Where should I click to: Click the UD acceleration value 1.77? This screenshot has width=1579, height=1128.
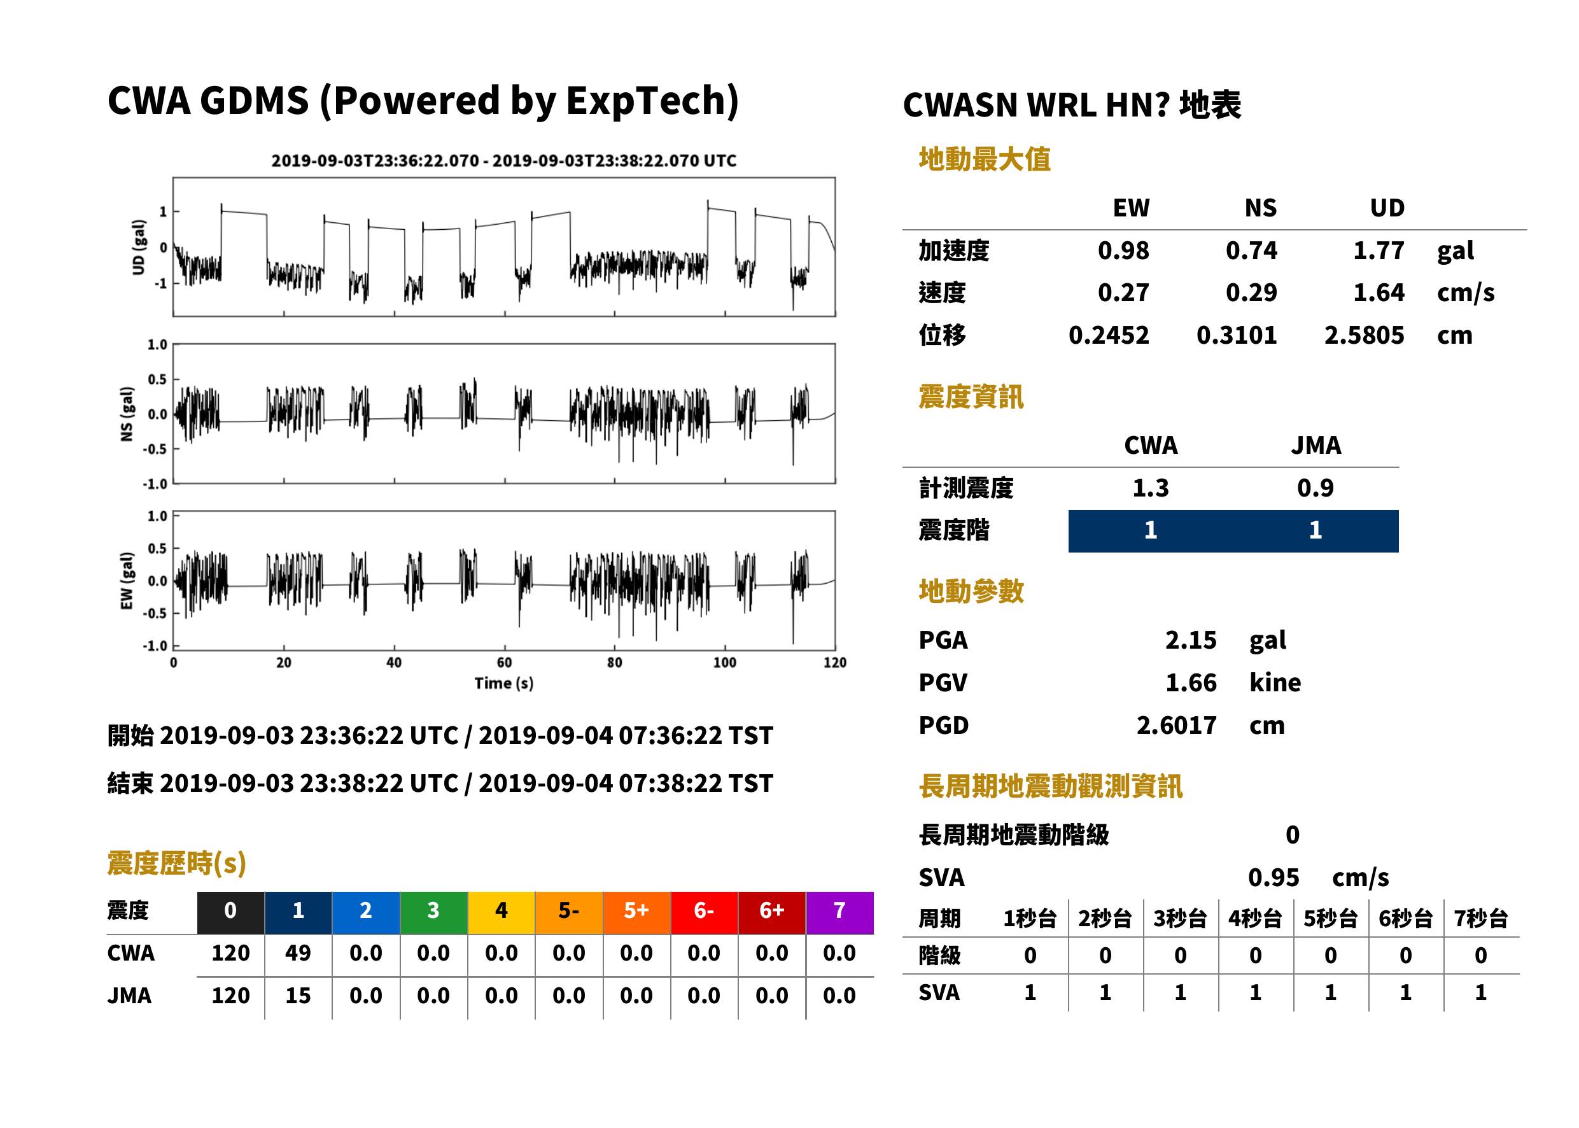click(1379, 251)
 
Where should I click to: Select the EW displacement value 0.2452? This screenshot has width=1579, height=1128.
click(1109, 335)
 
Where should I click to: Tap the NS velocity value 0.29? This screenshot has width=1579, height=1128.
click(1251, 293)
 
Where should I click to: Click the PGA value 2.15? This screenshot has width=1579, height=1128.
click(1191, 640)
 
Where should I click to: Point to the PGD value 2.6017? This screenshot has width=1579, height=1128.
click(1177, 726)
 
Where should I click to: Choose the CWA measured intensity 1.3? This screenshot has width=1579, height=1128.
click(1151, 488)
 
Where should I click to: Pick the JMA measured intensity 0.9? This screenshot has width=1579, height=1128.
click(1315, 488)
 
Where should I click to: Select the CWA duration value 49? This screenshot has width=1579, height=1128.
click(298, 954)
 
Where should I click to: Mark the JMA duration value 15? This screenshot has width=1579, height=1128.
click(298, 996)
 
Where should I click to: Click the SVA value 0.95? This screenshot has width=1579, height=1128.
click(1274, 878)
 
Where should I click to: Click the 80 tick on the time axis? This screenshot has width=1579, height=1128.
click(615, 663)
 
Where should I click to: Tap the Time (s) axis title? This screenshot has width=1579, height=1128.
click(504, 684)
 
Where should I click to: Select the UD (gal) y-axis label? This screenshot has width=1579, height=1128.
click(139, 247)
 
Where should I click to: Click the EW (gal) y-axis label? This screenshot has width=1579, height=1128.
click(127, 581)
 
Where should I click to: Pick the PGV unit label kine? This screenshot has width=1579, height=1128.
click(1275, 683)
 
